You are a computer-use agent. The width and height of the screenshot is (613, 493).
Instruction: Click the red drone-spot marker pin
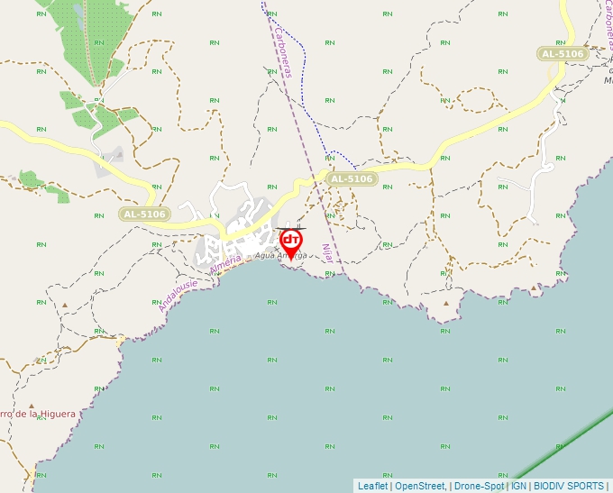coord(291,242)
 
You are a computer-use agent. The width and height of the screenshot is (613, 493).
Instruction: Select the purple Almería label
coord(225,265)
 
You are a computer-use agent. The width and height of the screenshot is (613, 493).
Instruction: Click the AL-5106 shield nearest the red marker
coord(351,179)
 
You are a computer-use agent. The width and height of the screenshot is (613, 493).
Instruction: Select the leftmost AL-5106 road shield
coord(143,214)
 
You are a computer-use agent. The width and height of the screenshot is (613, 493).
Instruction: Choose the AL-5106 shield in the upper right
coord(563,54)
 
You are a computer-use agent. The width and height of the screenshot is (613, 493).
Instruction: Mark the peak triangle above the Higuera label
coord(32,406)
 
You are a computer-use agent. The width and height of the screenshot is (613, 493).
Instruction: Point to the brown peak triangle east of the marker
coord(446,303)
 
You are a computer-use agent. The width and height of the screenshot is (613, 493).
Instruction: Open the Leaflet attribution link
coord(372,486)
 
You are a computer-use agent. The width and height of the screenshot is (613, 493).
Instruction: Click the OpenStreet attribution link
coord(420,486)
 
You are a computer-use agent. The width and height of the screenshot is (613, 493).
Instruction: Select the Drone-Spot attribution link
coord(480,486)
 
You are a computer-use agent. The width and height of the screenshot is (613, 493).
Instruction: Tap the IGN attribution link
coord(519,486)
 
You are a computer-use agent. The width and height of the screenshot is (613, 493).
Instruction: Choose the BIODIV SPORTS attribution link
coord(569,486)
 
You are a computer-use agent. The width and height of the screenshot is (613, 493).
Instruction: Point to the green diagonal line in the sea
coord(559,447)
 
